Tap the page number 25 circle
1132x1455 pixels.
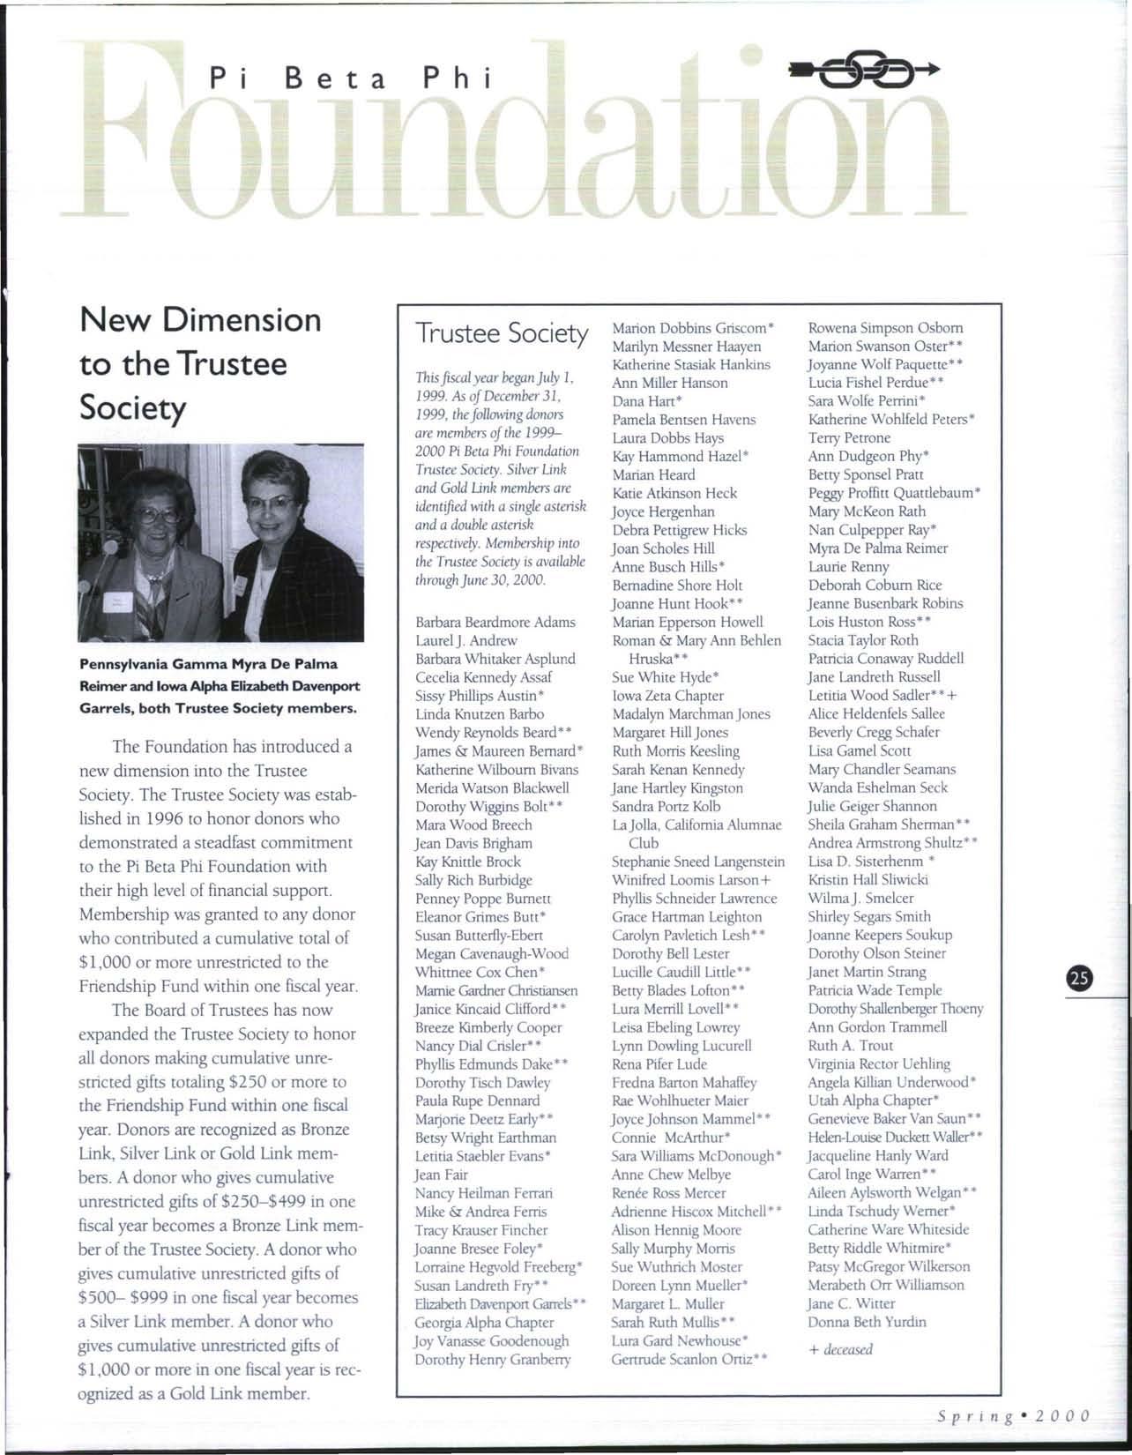tap(1078, 977)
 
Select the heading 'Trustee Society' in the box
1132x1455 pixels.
tap(502, 333)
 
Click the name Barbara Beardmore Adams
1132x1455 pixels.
tap(495, 622)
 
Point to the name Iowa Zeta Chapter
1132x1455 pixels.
tap(667, 695)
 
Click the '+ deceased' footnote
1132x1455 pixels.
tap(840, 1349)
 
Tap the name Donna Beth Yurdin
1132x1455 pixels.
tap(867, 1322)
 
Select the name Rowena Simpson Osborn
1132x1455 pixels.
tap(885, 327)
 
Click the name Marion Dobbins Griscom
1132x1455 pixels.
tap(689, 328)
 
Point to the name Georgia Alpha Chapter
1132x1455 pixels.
tap(484, 1322)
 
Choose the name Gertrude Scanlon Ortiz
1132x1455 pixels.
tap(684, 1359)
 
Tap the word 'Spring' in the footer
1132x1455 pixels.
tap(972, 1416)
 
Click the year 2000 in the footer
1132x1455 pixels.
tap(1063, 1416)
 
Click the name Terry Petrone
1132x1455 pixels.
tap(849, 438)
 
